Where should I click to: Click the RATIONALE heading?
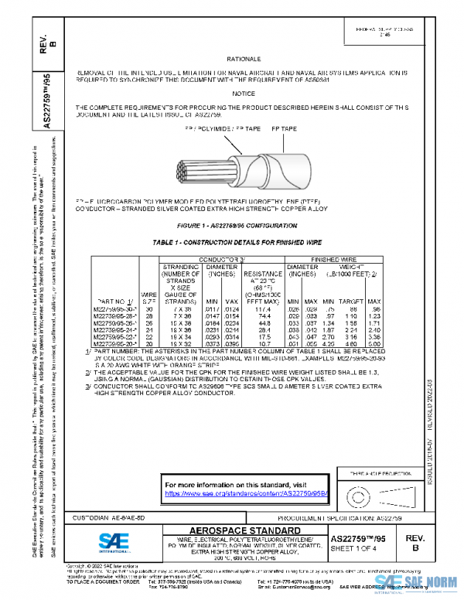[x=244, y=59]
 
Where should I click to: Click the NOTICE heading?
[x=244, y=93]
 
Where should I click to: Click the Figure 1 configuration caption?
[x=244, y=226]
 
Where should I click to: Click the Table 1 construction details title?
[x=244, y=242]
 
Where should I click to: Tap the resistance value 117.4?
[x=262, y=310]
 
